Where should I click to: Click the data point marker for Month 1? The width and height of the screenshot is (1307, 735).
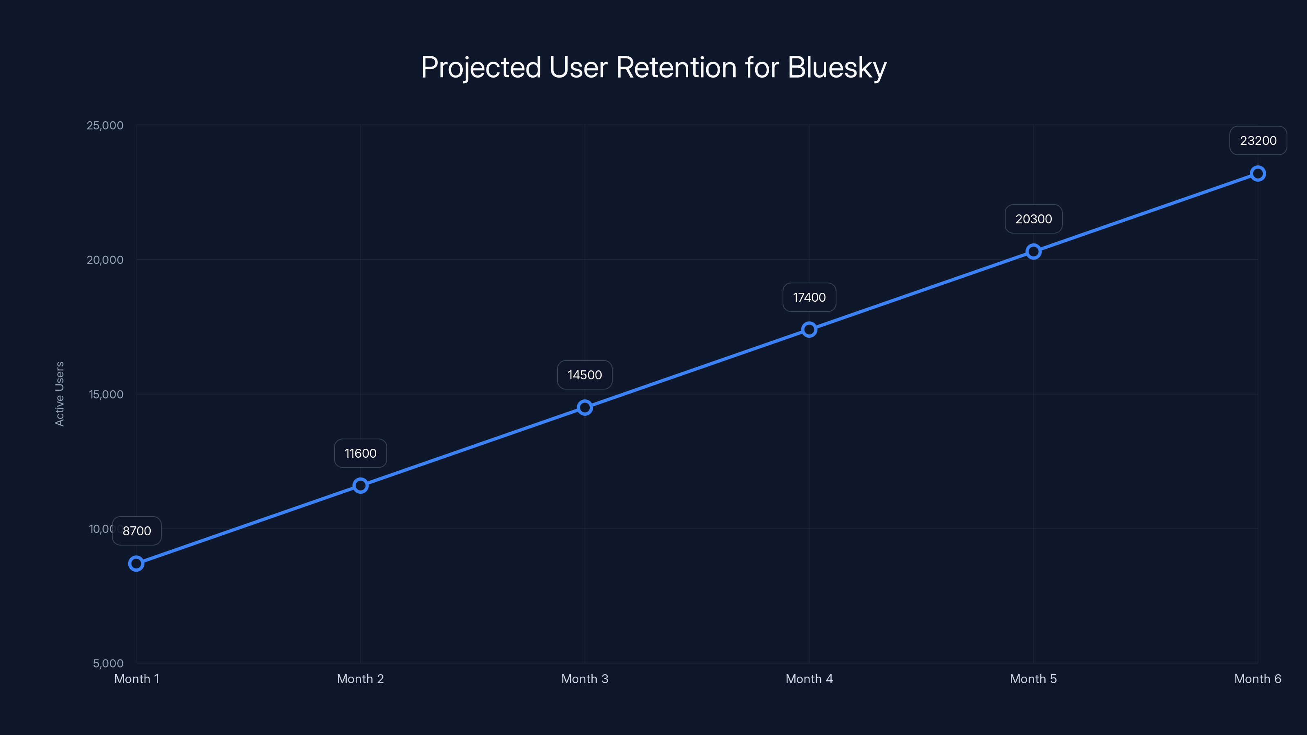click(136, 563)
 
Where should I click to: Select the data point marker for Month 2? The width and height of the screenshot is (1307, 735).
click(360, 486)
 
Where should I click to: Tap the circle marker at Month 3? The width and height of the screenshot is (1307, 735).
click(584, 408)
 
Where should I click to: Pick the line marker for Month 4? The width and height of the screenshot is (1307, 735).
click(809, 330)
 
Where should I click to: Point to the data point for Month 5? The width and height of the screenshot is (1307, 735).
click(1033, 252)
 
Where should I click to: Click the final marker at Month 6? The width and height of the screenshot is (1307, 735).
click(1257, 174)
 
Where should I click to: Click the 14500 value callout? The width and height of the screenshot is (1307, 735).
click(584, 375)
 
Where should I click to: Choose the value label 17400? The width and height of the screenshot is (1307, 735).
click(809, 297)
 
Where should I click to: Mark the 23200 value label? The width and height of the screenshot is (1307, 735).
click(1258, 140)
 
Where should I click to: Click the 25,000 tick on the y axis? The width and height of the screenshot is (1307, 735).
click(105, 125)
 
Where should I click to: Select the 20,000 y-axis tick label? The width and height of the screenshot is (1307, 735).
click(105, 260)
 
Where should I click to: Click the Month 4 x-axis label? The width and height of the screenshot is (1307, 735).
click(809, 679)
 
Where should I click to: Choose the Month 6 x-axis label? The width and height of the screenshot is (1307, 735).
click(1257, 679)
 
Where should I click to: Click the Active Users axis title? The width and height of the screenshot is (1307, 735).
click(59, 394)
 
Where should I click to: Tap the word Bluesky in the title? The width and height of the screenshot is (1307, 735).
click(836, 67)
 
